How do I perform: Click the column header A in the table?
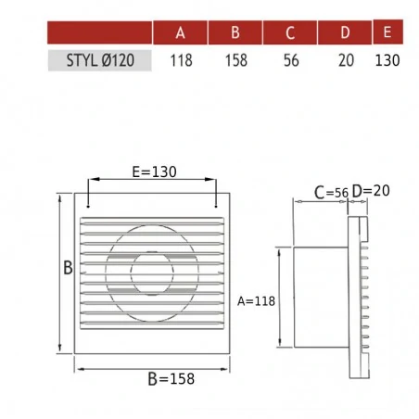click(180, 32)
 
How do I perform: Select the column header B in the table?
click(235, 32)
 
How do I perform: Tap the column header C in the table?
click(290, 32)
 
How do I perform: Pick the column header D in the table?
click(345, 32)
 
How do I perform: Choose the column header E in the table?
click(387, 32)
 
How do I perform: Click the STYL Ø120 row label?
click(100, 60)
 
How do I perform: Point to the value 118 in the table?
click(181, 60)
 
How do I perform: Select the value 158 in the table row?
click(236, 60)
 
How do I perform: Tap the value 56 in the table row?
click(291, 60)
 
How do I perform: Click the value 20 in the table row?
click(346, 60)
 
